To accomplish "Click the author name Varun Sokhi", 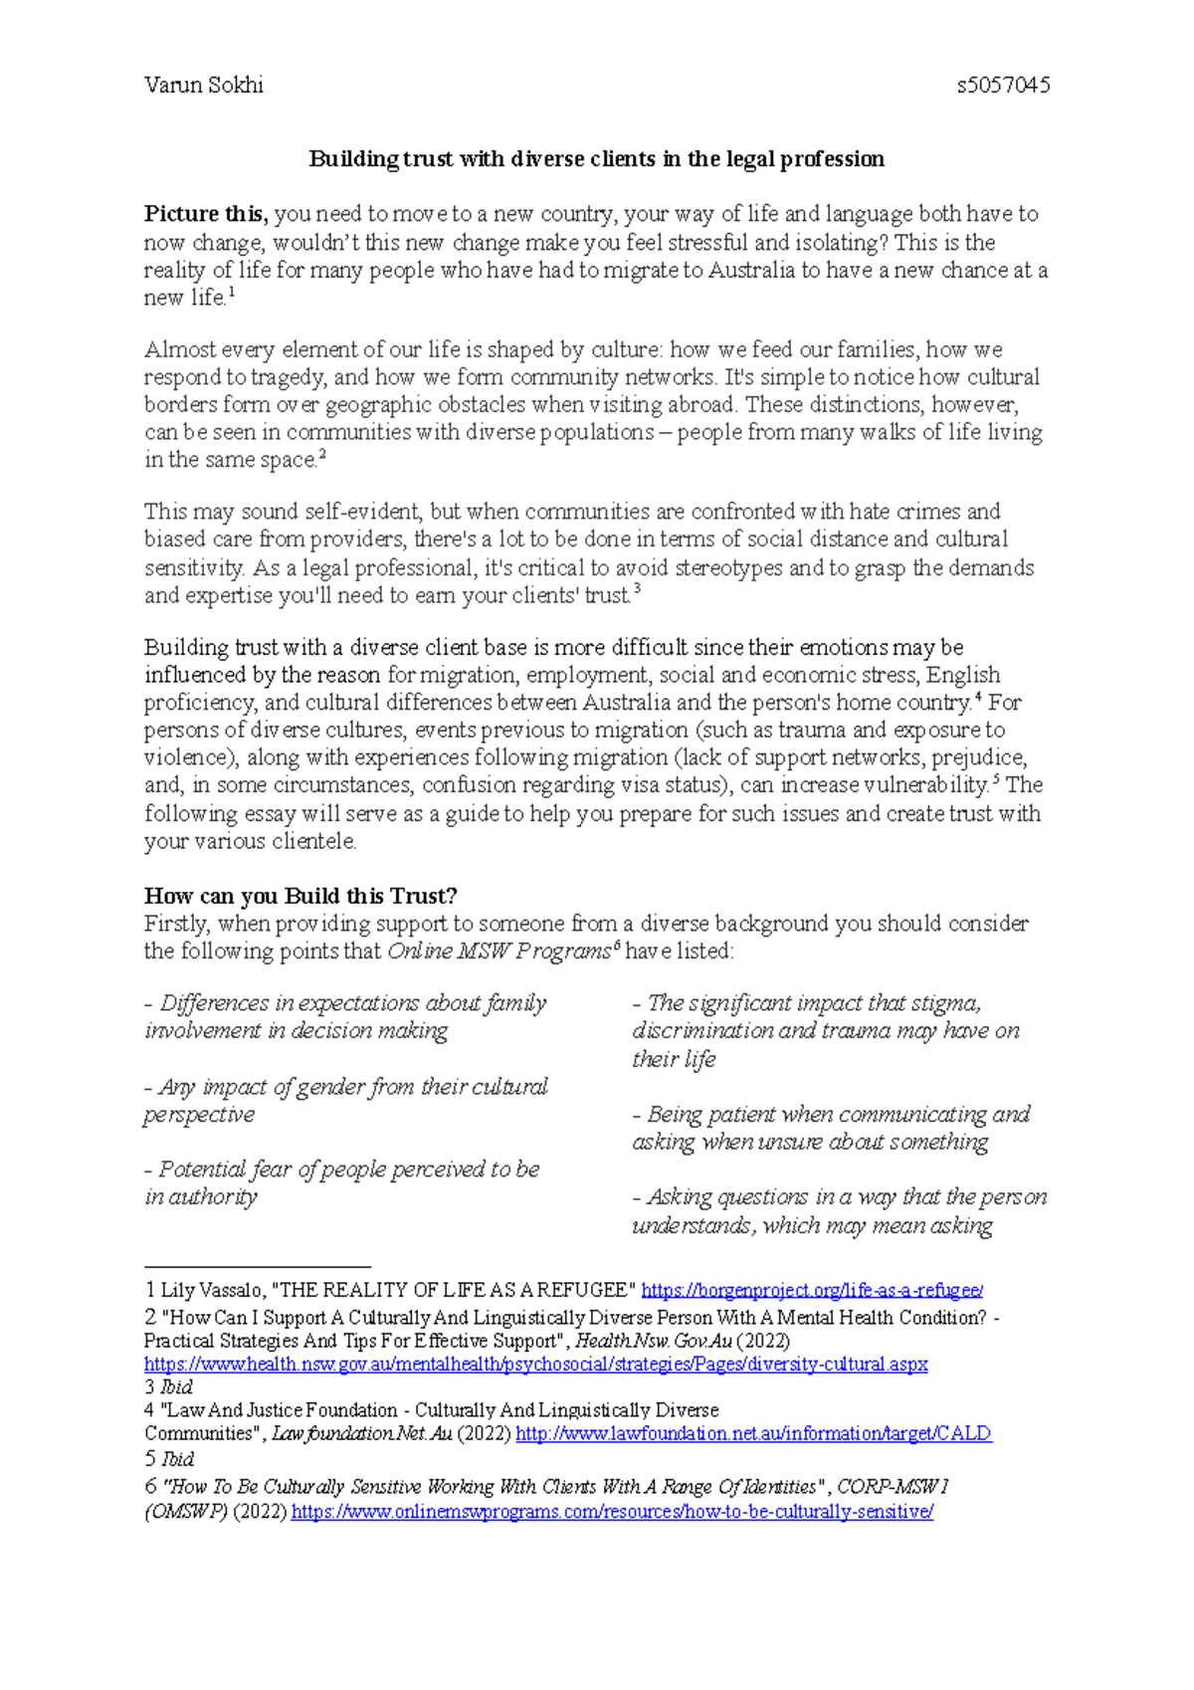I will (203, 86).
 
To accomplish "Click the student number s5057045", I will (1003, 86).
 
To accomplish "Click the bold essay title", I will (596, 159).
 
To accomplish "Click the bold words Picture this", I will (204, 214).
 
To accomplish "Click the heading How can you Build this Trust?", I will (300, 895).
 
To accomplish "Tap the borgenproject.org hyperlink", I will (812, 1291).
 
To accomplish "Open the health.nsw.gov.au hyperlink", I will (535, 1365).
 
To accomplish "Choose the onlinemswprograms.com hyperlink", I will (612, 1513).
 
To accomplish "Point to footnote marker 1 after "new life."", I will (232, 293).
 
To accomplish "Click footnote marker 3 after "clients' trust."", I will (637, 590).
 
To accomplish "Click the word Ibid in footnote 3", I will (176, 1387).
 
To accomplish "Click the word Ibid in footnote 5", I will (177, 1459).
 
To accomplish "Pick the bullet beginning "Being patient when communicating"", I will (831, 1128).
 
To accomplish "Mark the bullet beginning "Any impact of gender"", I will (346, 1100).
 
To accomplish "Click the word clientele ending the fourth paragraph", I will (316, 841).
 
